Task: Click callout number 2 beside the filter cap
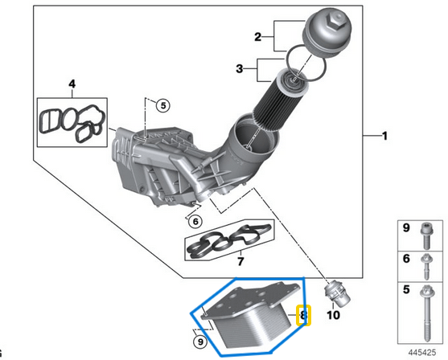pyautogui.click(x=257, y=37)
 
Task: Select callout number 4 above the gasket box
pyautogui.click(x=72, y=84)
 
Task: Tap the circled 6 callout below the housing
pyautogui.click(x=196, y=220)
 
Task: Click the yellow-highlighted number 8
pyautogui.click(x=303, y=316)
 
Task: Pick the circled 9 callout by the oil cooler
pyautogui.click(x=201, y=342)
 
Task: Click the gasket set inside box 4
pyautogui.click(x=71, y=120)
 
